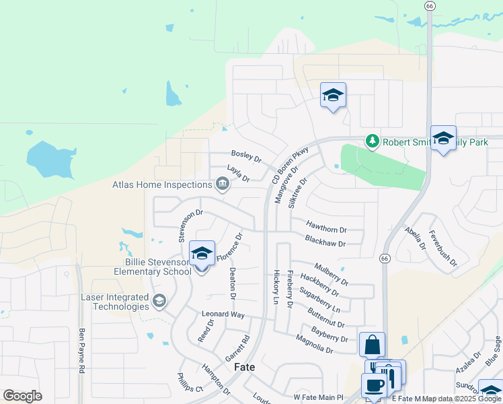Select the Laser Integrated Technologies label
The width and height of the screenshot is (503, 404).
pyautogui.click(x=114, y=302)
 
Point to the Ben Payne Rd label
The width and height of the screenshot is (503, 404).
pyautogui.click(x=81, y=350)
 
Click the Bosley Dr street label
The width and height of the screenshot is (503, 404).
pyautogui.click(x=245, y=156)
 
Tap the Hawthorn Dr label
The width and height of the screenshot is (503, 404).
pyautogui.click(x=326, y=229)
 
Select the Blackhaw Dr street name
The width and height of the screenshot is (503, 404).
pyautogui.click(x=325, y=242)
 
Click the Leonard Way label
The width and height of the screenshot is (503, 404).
pyautogui.click(x=223, y=314)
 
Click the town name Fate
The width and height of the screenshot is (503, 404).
pyautogui.click(x=243, y=368)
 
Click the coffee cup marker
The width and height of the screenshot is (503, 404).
pyautogui.click(x=374, y=386)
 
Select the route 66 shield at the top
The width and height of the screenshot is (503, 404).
pyautogui.click(x=430, y=5)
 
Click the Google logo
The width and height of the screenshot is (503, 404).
pyautogui.click(x=22, y=396)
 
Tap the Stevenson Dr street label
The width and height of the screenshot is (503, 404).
pyautogui.click(x=190, y=225)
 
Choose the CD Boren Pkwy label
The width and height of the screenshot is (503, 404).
pyautogui.click(x=290, y=165)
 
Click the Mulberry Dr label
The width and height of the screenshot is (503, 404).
pyautogui.click(x=331, y=273)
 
